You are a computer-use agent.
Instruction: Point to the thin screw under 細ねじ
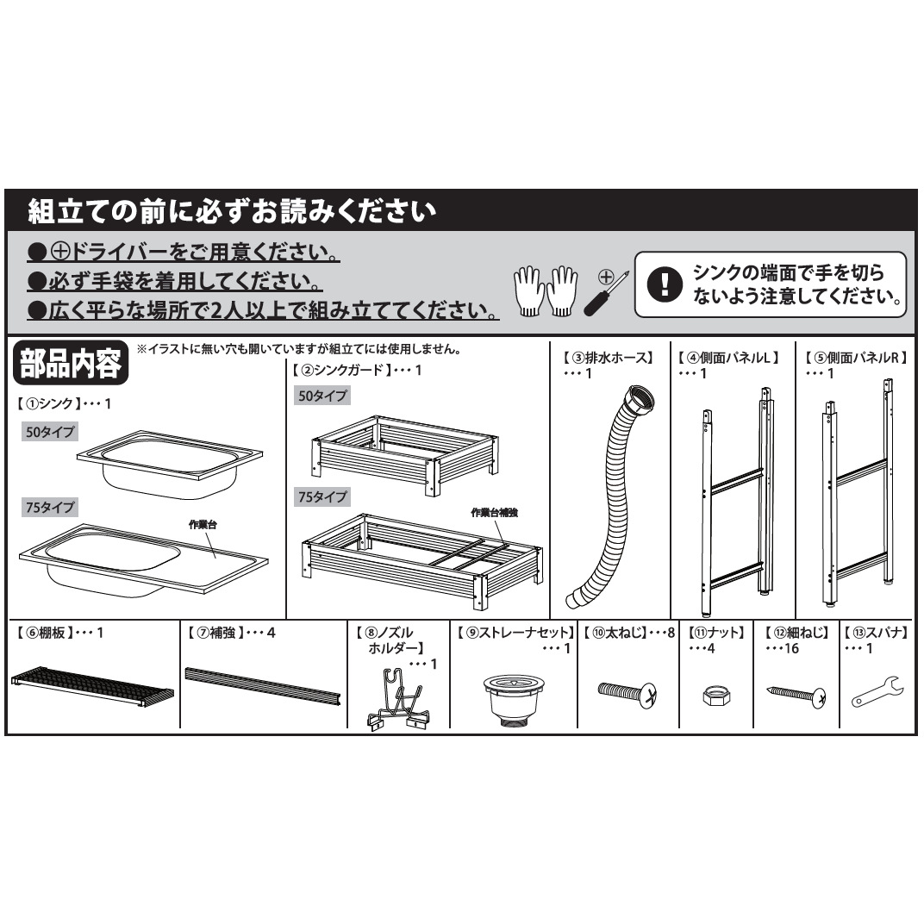(796, 693)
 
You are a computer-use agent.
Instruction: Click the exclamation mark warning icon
(664, 284)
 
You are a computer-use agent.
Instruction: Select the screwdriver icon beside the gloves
(606, 292)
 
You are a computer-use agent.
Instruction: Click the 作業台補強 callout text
(496, 512)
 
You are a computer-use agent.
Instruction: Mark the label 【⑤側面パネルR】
(855, 356)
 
